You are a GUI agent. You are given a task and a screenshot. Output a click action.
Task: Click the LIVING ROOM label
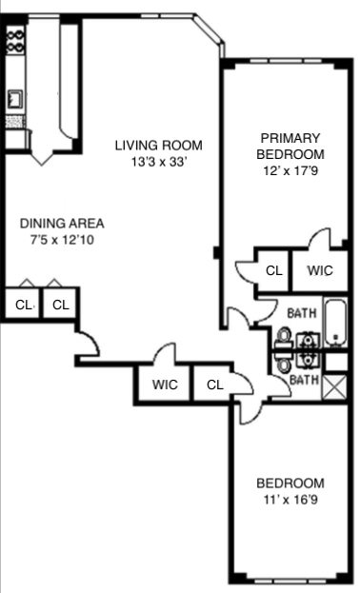tap(159, 146)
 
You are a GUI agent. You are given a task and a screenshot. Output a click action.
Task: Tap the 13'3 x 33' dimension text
tap(159, 162)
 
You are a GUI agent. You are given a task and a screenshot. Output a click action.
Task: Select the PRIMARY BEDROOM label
tap(290, 146)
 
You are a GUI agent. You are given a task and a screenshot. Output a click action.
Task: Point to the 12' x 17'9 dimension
tap(290, 170)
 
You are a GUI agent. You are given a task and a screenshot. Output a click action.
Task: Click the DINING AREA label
tap(62, 224)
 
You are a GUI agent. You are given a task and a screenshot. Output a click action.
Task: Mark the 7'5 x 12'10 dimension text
tap(62, 240)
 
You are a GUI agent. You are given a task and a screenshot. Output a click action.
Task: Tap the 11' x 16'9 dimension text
tap(290, 498)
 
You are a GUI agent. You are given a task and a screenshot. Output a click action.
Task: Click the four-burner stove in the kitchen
tap(15, 39)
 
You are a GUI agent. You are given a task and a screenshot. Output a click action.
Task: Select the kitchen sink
tap(16, 98)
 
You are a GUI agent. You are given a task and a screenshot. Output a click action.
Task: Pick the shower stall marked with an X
tap(335, 386)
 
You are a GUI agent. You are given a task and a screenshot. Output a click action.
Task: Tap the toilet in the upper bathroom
tap(285, 337)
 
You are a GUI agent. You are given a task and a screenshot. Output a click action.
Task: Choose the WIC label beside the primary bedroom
tap(320, 270)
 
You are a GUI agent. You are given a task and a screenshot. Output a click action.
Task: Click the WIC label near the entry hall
tap(165, 385)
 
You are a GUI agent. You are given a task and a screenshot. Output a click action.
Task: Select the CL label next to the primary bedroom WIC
tap(273, 270)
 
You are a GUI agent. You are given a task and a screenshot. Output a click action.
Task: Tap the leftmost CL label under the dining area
tap(22, 306)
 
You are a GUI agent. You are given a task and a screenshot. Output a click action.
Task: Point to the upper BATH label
tap(301, 312)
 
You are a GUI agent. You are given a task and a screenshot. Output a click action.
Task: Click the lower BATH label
tap(303, 380)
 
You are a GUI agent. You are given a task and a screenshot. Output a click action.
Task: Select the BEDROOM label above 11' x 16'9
tap(290, 482)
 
